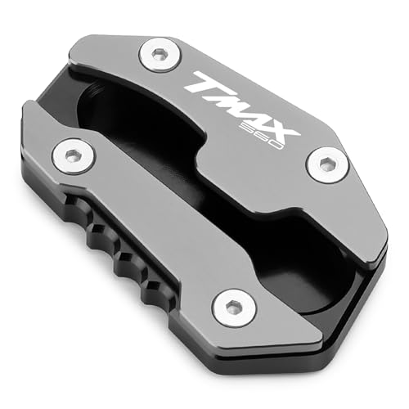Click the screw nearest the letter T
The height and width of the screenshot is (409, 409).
click(156, 56)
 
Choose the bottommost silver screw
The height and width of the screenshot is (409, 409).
click(231, 307)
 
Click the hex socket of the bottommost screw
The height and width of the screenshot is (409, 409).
click(231, 307)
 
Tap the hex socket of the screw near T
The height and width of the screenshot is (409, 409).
click(156, 56)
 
